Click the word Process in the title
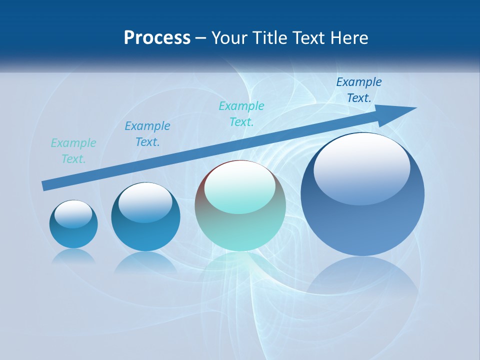(x=157, y=38)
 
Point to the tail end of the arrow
(x=44, y=185)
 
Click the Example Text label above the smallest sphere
(x=73, y=151)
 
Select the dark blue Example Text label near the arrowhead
(x=359, y=90)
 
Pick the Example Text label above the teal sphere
(x=241, y=114)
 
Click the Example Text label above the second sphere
(x=147, y=134)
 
